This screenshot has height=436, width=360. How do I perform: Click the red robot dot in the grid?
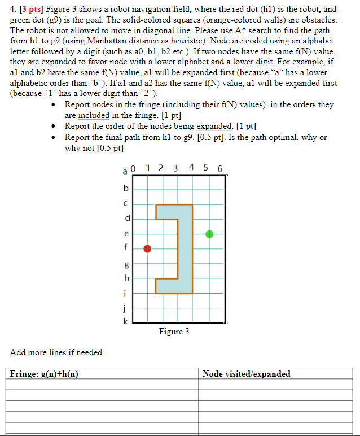click(x=147, y=248)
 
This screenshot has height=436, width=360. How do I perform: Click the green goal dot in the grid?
click(x=209, y=234)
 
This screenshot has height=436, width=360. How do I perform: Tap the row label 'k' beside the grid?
click(x=126, y=321)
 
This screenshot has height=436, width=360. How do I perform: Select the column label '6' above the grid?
click(x=219, y=168)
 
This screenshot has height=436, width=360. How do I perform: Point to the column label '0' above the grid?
click(x=133, y=168)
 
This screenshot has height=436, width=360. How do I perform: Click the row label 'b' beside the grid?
click(x=126, y=188)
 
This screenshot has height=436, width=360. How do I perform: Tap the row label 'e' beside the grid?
click(x=126, y=233)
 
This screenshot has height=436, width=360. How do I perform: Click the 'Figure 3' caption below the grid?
click(x=174, y=332)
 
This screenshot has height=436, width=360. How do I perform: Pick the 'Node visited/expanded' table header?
click(x=247, y=374)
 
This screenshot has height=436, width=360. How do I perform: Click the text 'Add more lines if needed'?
click(x=56, y=352)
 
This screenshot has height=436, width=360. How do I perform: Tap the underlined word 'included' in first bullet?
click(x=93, y=115)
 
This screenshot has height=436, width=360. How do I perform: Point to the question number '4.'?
click(x=14, y=9)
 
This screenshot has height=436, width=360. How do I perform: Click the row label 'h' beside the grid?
click(x=126, y=277)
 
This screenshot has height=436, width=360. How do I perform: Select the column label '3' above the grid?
click(x=175, y=168)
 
